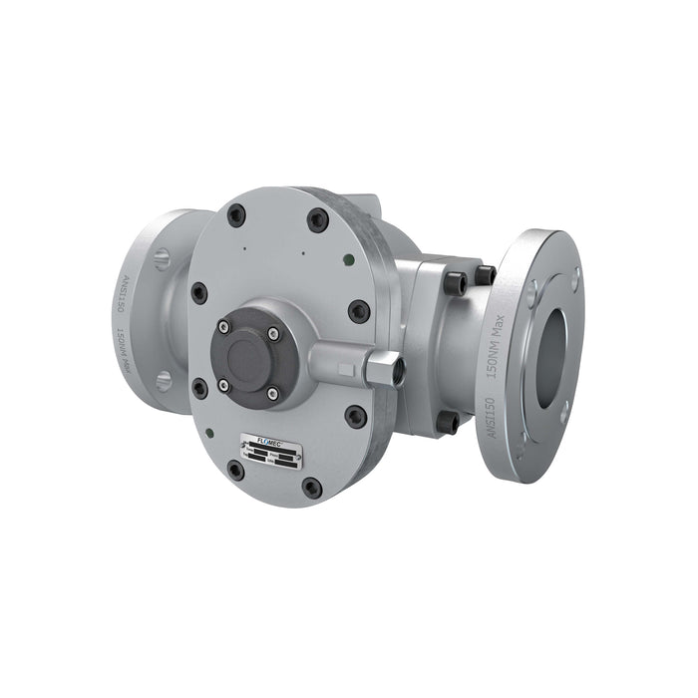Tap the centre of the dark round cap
245,356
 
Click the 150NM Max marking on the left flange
120,351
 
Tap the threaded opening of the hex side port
393,369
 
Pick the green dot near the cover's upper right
346,258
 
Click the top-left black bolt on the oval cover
236,214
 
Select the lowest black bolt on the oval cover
311,488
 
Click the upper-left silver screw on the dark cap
223,326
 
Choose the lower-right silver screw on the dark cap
272,396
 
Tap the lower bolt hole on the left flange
164,380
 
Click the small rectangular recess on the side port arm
347,371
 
